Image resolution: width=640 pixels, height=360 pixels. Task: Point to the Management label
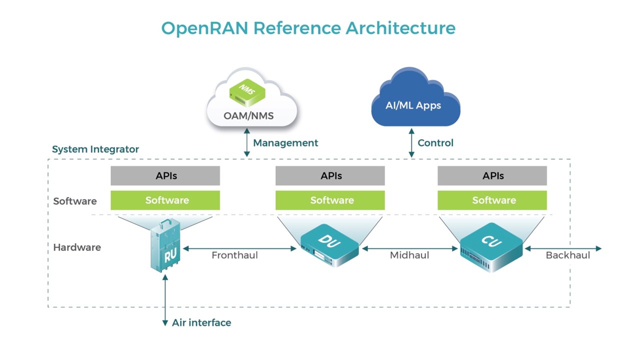point(285,143)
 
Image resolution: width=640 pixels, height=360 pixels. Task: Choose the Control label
point(435,143)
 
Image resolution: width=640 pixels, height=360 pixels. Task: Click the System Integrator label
point(95,149)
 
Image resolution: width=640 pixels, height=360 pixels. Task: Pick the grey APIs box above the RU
point(165,176)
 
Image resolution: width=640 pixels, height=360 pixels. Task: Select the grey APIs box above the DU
point(330,176)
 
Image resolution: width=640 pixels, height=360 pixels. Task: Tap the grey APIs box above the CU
point(492,176)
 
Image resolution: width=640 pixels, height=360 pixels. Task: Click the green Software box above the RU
point(165,200)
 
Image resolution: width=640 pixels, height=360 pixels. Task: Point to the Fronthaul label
point(234,255)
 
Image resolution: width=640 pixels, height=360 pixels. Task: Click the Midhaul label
point(409,255)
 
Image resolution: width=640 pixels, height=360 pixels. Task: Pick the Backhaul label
point(568,255)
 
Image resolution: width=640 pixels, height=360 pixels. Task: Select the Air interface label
point(201,323)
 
